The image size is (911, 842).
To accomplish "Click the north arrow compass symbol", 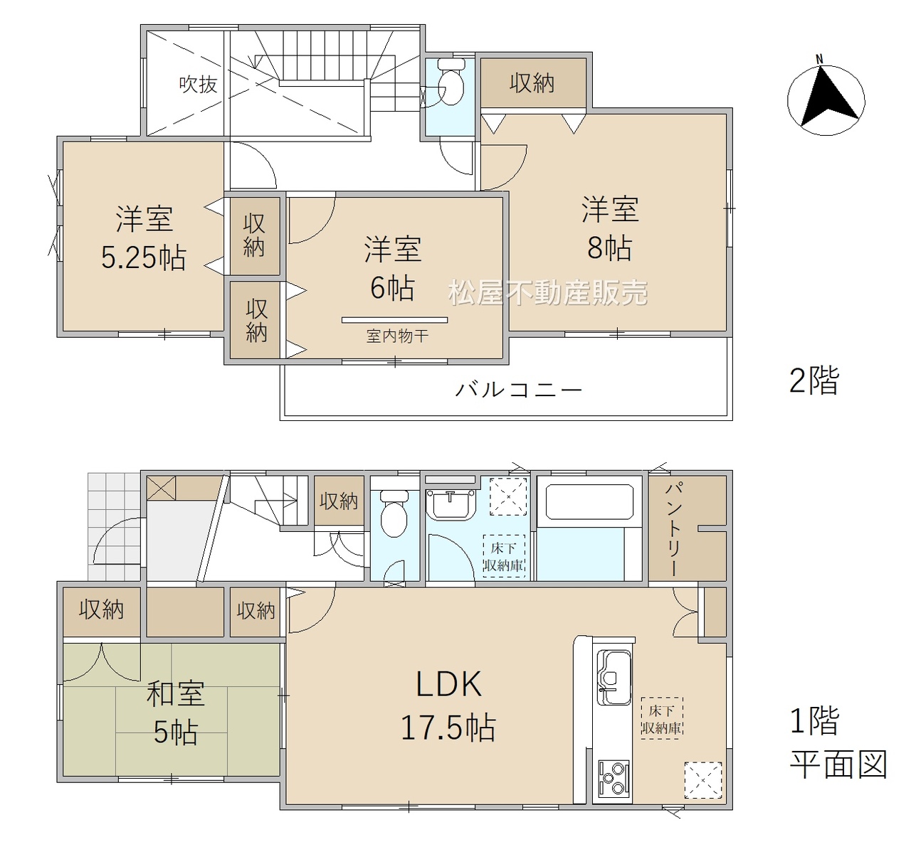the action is pyautogui.click(x=826, y=101).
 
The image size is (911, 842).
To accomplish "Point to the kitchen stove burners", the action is pyautogui.click(x=614, y=779).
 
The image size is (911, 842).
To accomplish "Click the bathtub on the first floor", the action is pyautogui.click(x=589, y=501).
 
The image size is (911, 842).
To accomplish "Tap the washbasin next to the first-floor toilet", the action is pyautogui.click(x=451, y=505).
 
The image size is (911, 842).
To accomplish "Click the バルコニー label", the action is pyautogui.click(x=518, y=390).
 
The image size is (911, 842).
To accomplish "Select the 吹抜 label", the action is pyautogui.click(x=198, y=85).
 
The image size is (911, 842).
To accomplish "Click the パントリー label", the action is pyautogui.click(x=673, y=528).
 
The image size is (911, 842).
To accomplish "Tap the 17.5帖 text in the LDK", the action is pyautogui.click(x=448, y=728).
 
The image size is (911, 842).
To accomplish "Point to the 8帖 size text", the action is pyautogui.click(x=610, y=248).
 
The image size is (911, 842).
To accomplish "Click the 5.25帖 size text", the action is pyautogui.click(x=144, y=257).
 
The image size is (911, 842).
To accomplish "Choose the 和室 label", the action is pyautogui.click(x=176, y=693).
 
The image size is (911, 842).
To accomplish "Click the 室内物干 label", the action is pyautogui.click(x=397, y=336).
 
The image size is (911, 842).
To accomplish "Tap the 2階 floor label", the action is pyautogui.click(x=814, y=380).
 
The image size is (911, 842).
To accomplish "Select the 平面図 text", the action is pyautogui.click(x=838, y=764).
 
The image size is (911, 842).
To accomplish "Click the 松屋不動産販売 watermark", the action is pyautogui.click(x=548, y=292).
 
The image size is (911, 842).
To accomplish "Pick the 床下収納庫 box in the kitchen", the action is pyautogui.click(x=661, y=718).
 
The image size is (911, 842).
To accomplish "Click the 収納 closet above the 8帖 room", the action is pyautogui.click(x=532, y=83).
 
